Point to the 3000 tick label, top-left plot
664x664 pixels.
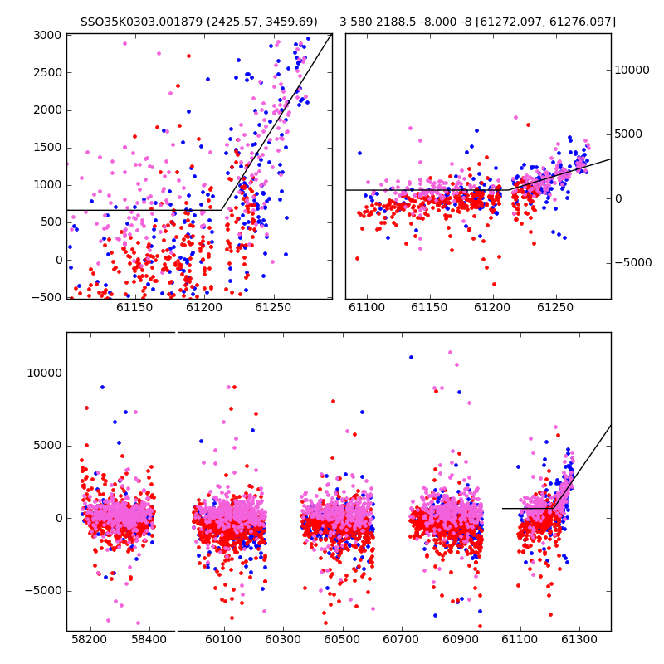[47, 35]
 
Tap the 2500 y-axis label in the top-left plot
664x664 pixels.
[47, 72]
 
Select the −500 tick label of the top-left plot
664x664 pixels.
[46, 297]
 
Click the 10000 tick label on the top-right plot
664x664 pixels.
[632, 71]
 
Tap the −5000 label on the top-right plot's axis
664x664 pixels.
[633, 262]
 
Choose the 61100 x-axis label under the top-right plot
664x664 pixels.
[367, 307]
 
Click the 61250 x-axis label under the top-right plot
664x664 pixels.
[555, 307]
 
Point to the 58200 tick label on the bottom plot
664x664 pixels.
[90, 639]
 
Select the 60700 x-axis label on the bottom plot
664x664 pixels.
[401, 639]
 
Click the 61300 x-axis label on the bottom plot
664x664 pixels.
[579, 639]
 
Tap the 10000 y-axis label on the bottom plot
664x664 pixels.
[44, 373]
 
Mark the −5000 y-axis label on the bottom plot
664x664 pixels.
[43, 591]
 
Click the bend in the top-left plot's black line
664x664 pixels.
[221, 210]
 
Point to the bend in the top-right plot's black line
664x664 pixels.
[509, 190]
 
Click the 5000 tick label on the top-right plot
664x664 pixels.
[628, 134]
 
